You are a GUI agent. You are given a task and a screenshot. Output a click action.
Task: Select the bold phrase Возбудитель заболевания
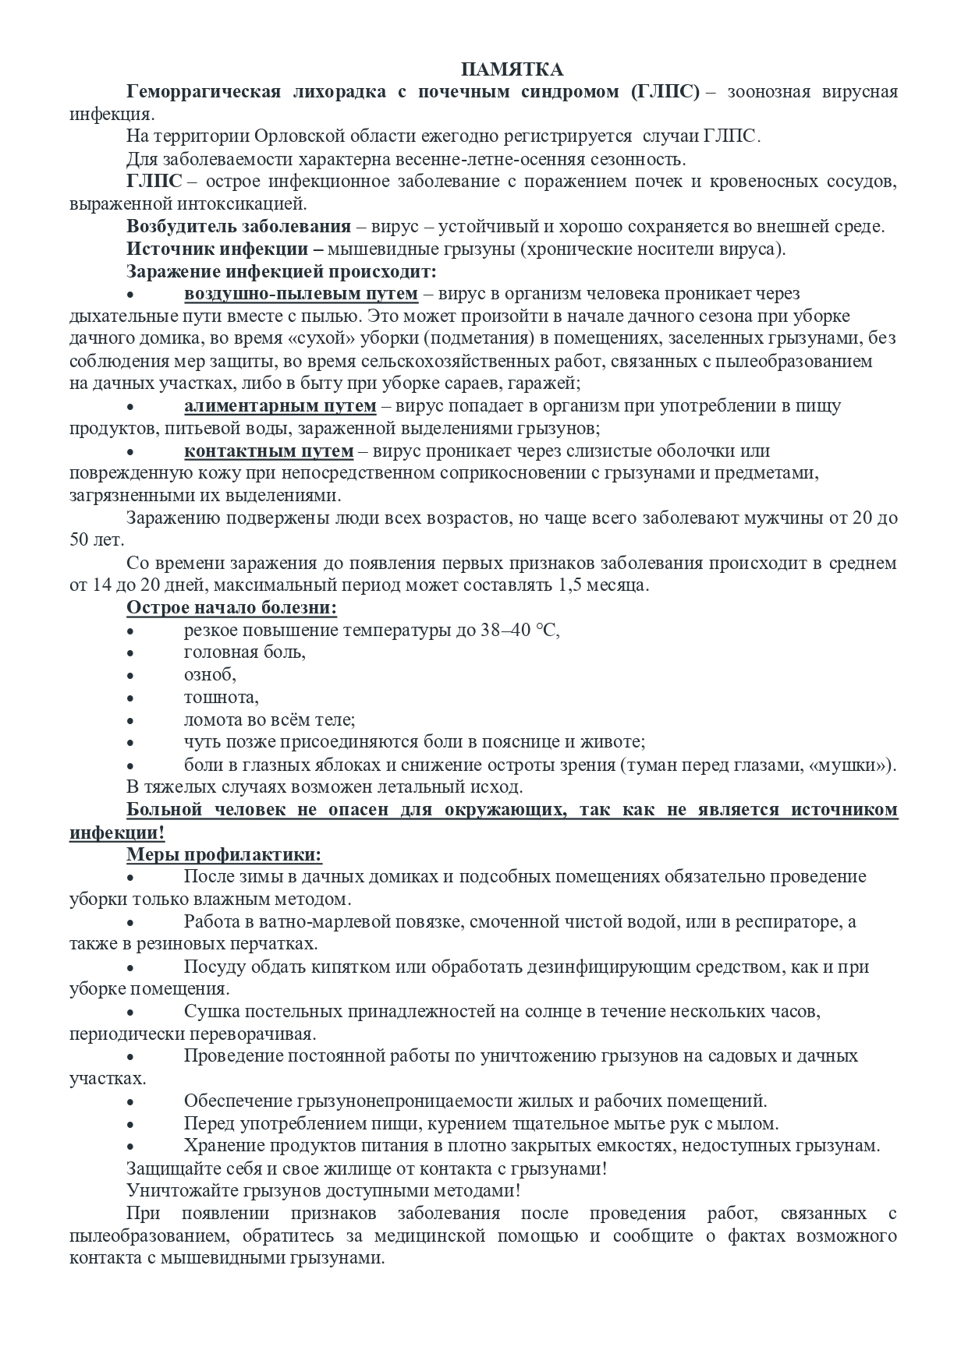(239, 227)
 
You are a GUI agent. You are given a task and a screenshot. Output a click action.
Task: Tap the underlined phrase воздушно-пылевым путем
(301, 294)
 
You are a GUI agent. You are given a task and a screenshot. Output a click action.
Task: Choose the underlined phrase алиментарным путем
(280, 406)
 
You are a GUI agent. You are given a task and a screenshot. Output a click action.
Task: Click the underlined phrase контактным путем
(269, 451)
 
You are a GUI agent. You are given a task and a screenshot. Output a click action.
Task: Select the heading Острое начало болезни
(232, 608)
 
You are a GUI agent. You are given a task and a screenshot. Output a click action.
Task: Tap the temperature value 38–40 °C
(520, 631)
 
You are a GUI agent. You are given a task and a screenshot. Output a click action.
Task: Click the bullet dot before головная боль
(130, 653)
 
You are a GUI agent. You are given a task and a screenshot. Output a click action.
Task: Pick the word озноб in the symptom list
(210, 675)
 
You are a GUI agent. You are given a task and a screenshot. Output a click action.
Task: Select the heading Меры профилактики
(224, 854)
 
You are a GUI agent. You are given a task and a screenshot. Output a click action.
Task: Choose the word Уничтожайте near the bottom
(176, 1191)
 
